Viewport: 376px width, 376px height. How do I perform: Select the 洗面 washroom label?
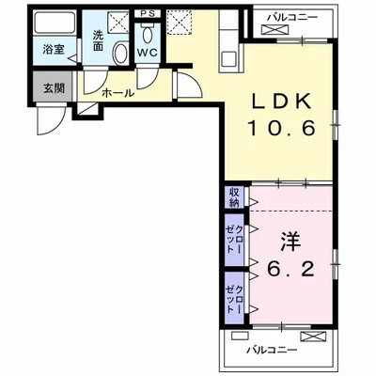point(99,42)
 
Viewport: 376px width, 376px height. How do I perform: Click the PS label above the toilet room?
point(148,14)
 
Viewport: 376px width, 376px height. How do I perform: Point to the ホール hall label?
point(117,94)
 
